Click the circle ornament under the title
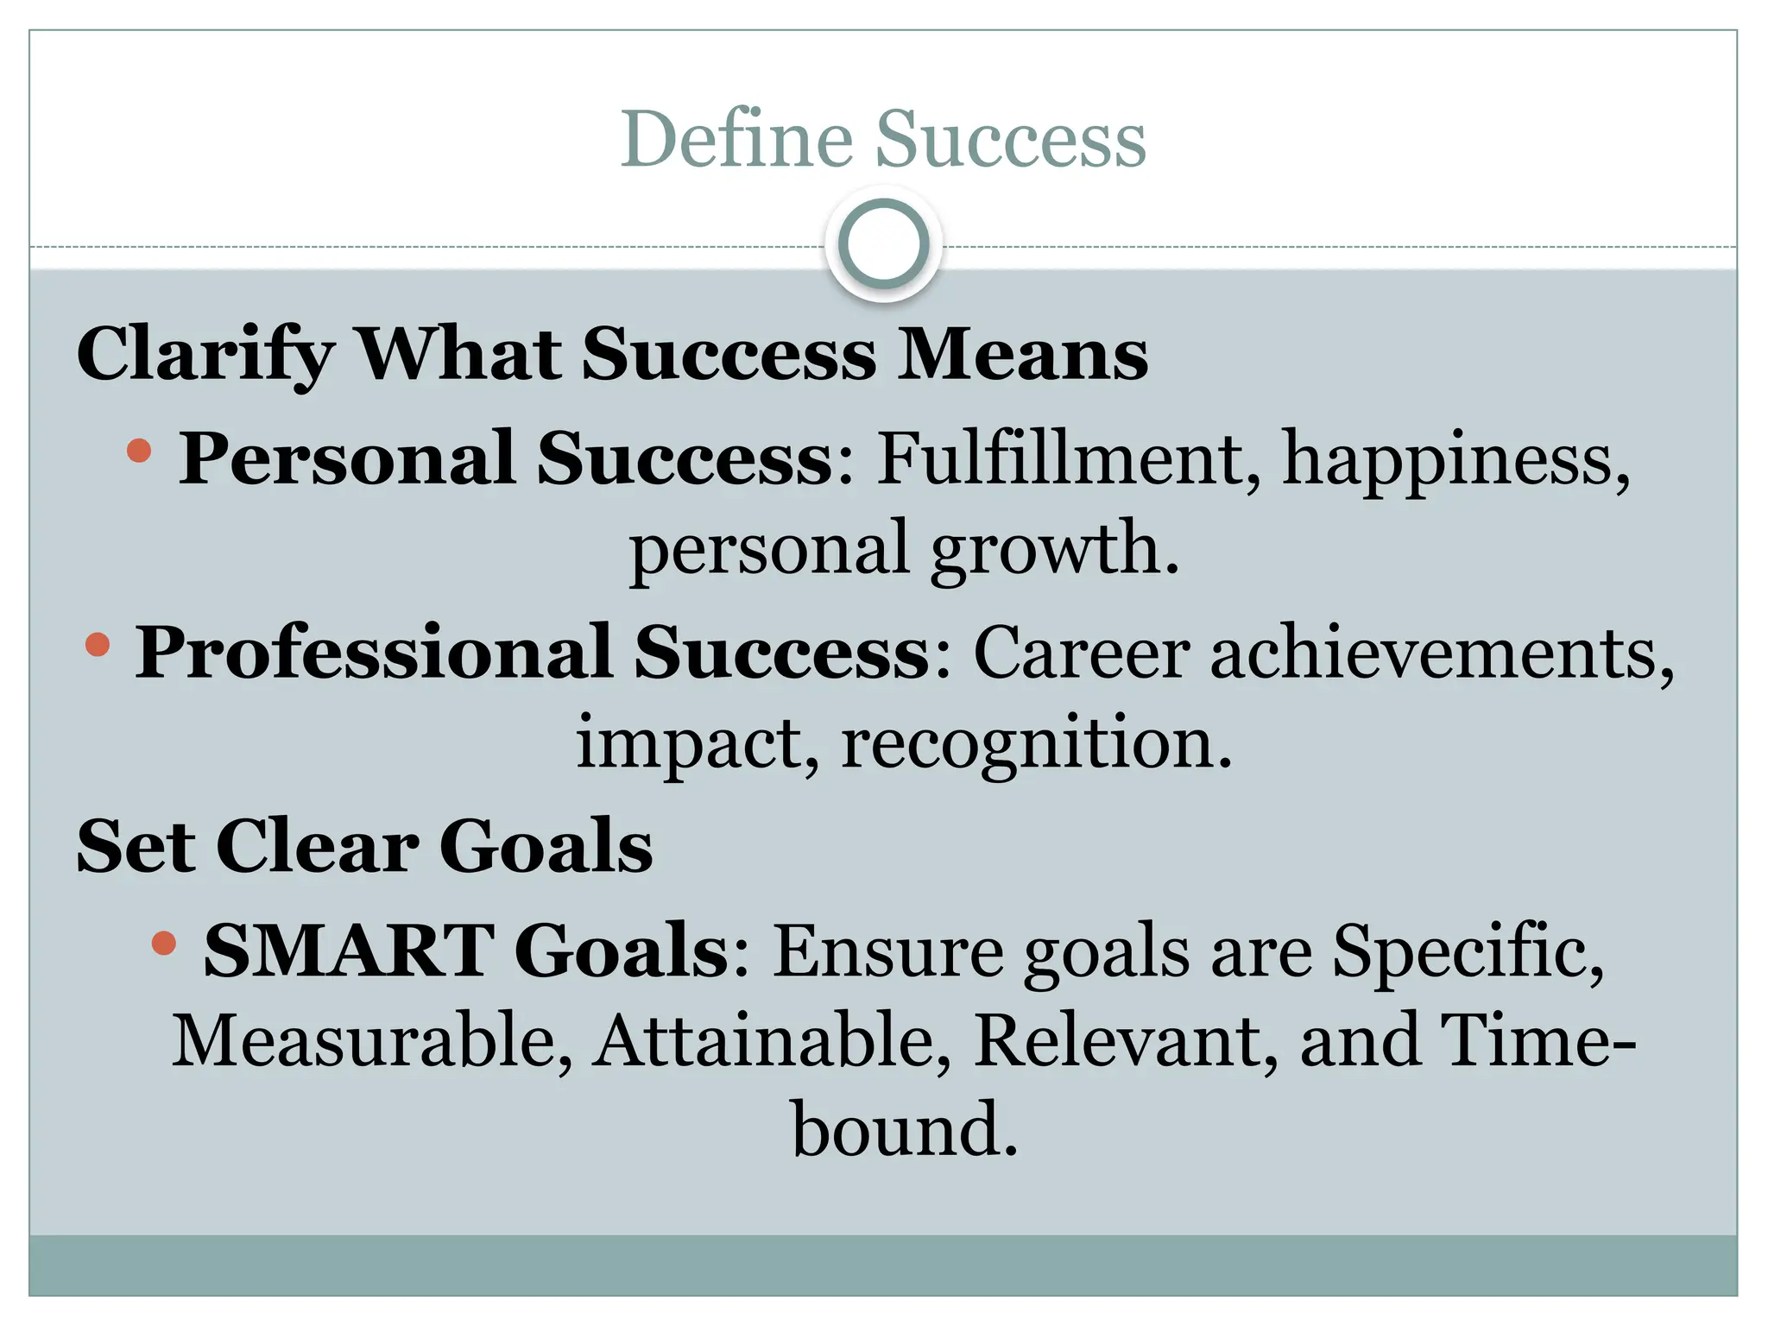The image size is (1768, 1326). (883, 244)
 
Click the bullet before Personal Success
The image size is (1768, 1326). (138, 451)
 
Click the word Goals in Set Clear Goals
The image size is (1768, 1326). (546, 846)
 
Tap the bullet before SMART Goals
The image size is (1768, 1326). (162, 943)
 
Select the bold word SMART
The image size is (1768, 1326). (350, 950)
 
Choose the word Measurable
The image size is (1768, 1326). (372, 1041)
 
